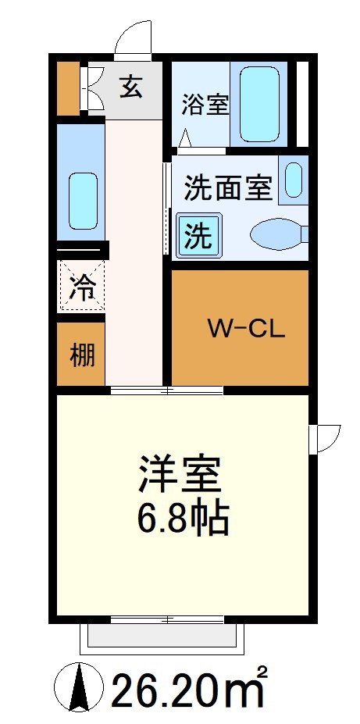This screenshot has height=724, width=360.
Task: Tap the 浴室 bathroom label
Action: pyautogui.click(x=205, y=105)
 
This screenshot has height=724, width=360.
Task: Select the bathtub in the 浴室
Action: pyautogui.click(x=259, y=105)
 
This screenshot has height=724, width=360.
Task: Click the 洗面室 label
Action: pyautogui.click(x=228, y=188)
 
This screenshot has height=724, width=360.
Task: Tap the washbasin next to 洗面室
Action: pyautogui.click(x=294, y=180)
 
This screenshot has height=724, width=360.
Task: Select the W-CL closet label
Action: pyautogui.click(x=247, y=329)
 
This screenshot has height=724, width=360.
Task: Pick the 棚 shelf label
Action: pyautogui.click(x=83, y=356)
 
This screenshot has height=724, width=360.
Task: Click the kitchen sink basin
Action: pyautogui.click(x=83, y=201)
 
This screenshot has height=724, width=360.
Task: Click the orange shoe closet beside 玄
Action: pyautogui.click(x=68, y=88)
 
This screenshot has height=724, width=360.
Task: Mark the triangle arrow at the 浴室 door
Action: pyautogui.click(x=185, y=137)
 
